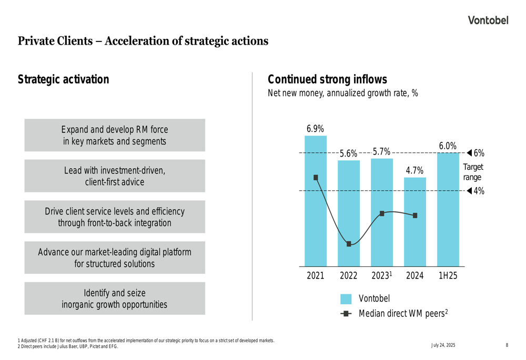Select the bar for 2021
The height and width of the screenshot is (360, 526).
pyautogui.click(x=316, y=210)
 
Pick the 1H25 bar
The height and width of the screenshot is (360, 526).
pyautogui.click(x=448, y=210)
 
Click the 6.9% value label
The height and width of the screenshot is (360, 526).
pyautogui.click(x=315, y=129)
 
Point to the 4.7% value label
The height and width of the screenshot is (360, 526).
pyautogui.click(x=414, y=171)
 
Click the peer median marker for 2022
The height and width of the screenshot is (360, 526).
pyautogui.click(x=349, y=244)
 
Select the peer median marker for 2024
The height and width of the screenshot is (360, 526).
pyautogui.click(x=416, y=215)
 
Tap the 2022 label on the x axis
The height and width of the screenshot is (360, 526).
pyautogui.click(x=348, y=275)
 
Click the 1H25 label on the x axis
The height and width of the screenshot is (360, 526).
pyautogui.click(x=448, y=275)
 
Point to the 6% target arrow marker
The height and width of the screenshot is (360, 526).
pyautogui.click(x=469, y=153)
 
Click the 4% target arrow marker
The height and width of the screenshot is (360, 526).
pyautogui.click(x=469, y=191)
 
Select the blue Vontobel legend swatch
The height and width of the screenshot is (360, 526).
pyautogui.click(x=346, y=299)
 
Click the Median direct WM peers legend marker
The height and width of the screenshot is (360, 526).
pyautogui.click(x=346, y=314)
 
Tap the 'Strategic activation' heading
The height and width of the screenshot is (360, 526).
pyautogui.click(x=64, y=80)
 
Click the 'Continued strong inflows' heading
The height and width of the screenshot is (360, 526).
pyautogui.click(x=327, y=80)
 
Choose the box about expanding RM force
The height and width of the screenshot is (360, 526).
pyautogui.click(x=115, y=135)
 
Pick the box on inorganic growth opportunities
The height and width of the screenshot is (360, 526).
pyautogui.click(x=115, y=299)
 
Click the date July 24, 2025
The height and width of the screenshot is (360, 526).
pyautogui.click(x=443, y=345)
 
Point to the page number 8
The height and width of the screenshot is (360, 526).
pyautogui.click(x=507, y=345)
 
